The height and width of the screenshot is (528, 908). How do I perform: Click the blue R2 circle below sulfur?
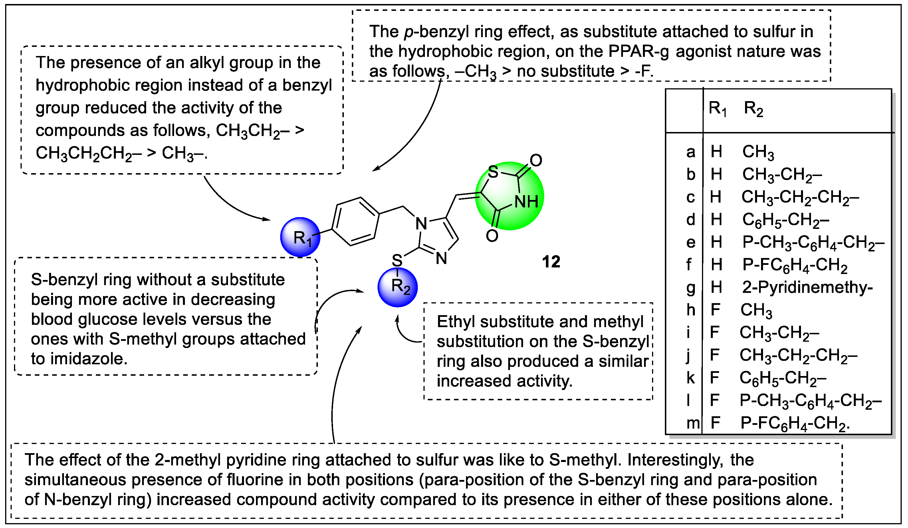[398, 287]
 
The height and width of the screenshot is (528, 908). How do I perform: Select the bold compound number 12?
[551, 262]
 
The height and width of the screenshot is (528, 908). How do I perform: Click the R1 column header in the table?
[717, 108]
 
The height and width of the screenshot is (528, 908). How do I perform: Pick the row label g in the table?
[690, 287]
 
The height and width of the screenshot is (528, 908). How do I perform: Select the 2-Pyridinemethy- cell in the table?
[807, 287]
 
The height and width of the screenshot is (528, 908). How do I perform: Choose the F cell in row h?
[715, 310]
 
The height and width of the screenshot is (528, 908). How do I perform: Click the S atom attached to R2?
[397, 260]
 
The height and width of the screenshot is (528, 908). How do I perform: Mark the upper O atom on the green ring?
[536, 161]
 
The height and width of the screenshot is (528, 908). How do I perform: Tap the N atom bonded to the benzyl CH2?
[421, 224]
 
